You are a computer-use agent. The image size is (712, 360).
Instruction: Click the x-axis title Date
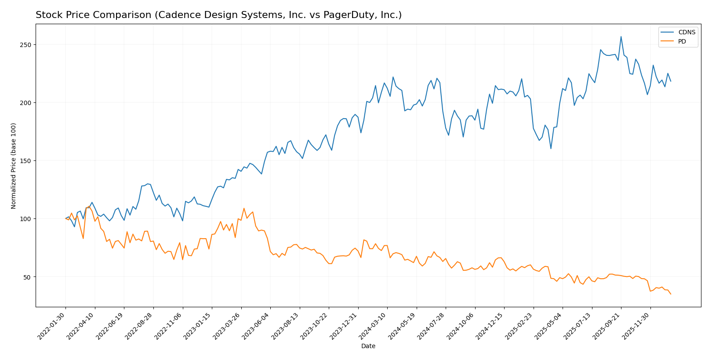(x=368, y=346)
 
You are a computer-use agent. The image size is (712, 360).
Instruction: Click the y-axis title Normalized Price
(x=14, y=166)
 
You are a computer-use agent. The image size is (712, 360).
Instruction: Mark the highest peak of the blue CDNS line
(x=621, y=36)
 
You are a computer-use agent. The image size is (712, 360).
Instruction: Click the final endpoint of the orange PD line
(x=671, y=294)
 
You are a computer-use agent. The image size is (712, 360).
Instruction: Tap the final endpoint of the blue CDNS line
(x=671, y=81)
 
